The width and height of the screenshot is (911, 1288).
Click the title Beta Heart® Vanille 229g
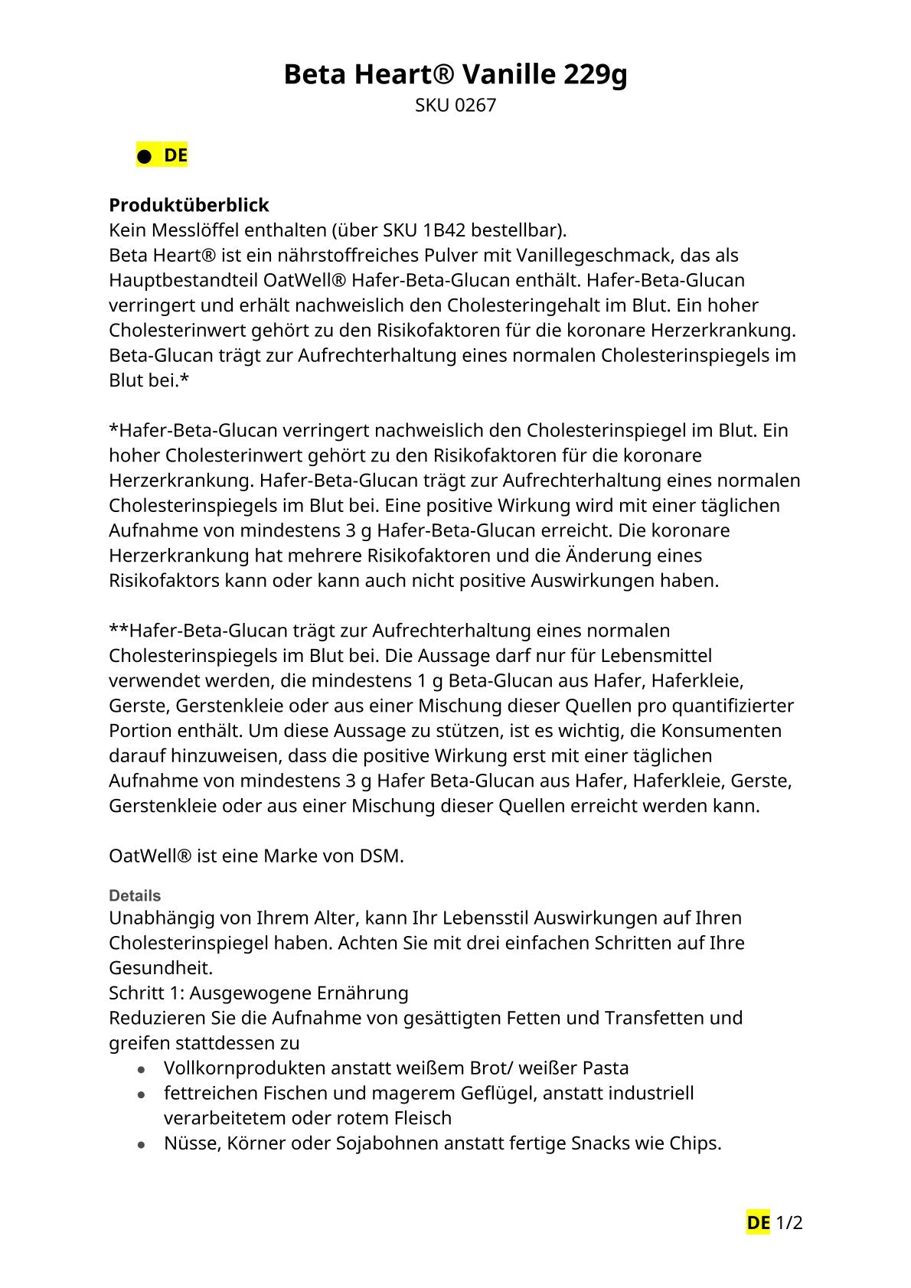click(455, 75)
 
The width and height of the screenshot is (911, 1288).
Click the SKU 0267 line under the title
click(455, 106)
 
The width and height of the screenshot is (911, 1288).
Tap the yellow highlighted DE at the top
click(175, 155)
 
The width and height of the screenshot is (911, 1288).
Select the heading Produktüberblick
click(189, 205)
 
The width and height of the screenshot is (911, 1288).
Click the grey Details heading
click(135, 895)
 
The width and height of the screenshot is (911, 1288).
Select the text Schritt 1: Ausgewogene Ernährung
click(259, 993)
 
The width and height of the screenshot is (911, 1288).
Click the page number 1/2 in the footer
click(789, 1223)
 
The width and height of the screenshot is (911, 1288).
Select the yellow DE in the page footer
click(758, 1223)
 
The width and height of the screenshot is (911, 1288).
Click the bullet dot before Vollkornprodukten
click(142, 1069)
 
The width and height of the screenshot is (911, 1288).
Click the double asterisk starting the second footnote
click(119, 630)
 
